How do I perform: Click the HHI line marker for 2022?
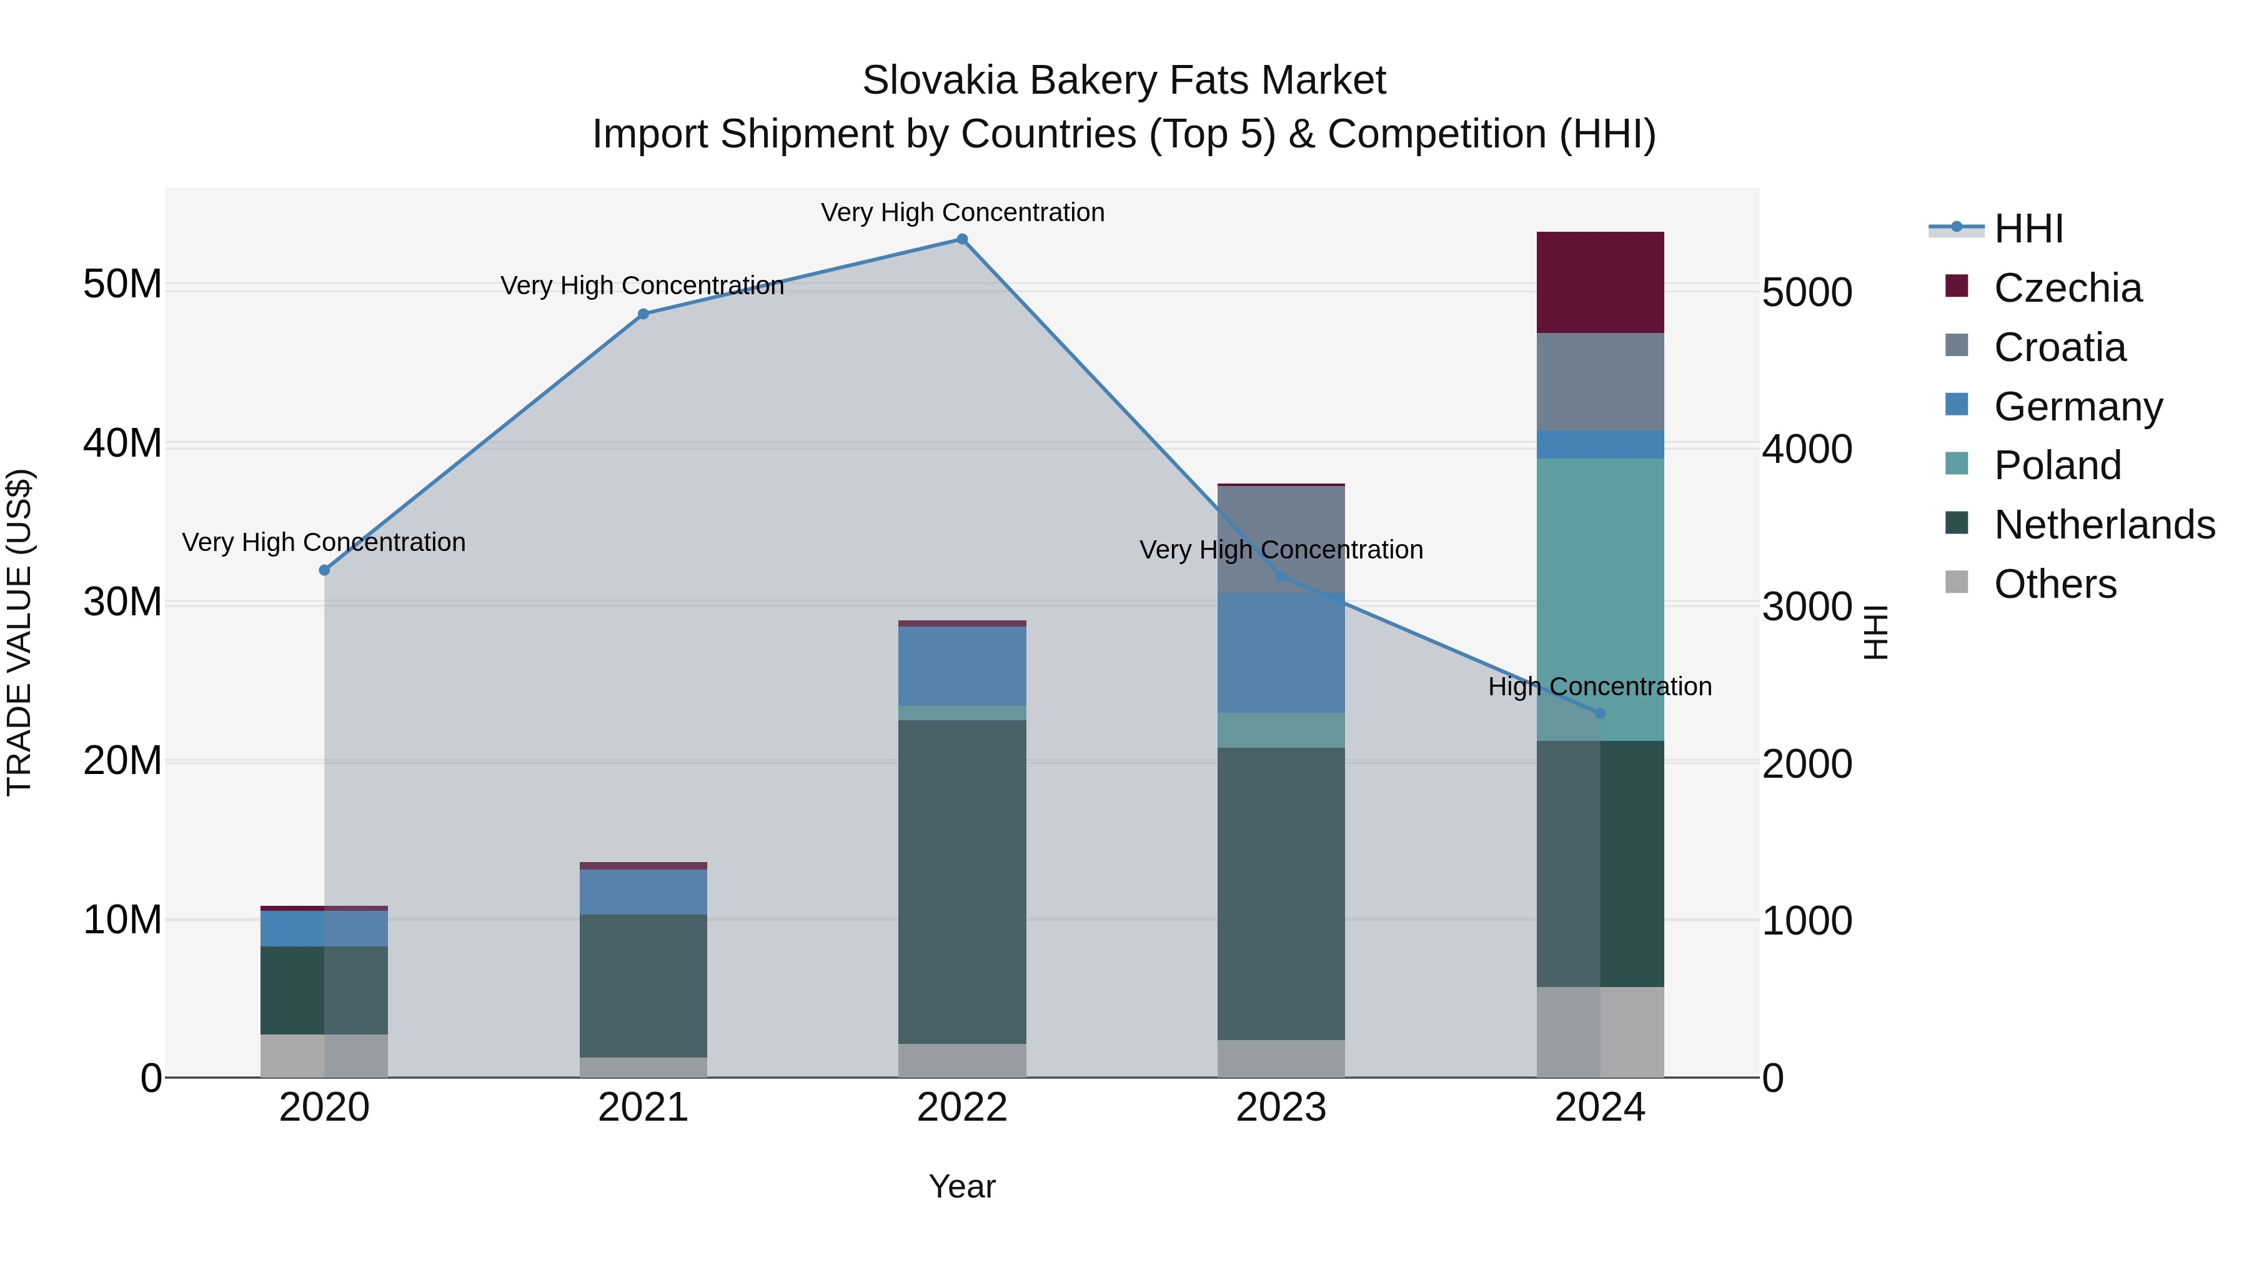coord(962,239)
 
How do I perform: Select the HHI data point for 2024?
coord(1601,713)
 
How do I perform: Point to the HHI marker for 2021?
coord(643,314)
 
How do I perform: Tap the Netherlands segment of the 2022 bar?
coord(962,881)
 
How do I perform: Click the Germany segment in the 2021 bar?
coord(643,891)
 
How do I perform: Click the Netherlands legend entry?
coord(2104,525)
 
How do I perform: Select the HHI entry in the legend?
coord(2028,229)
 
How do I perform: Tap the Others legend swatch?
coord(1957,582)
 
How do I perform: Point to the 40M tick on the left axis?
coord(122,444)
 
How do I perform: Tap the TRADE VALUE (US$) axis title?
coord(20,632)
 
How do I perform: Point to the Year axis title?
coord(962,1186)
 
